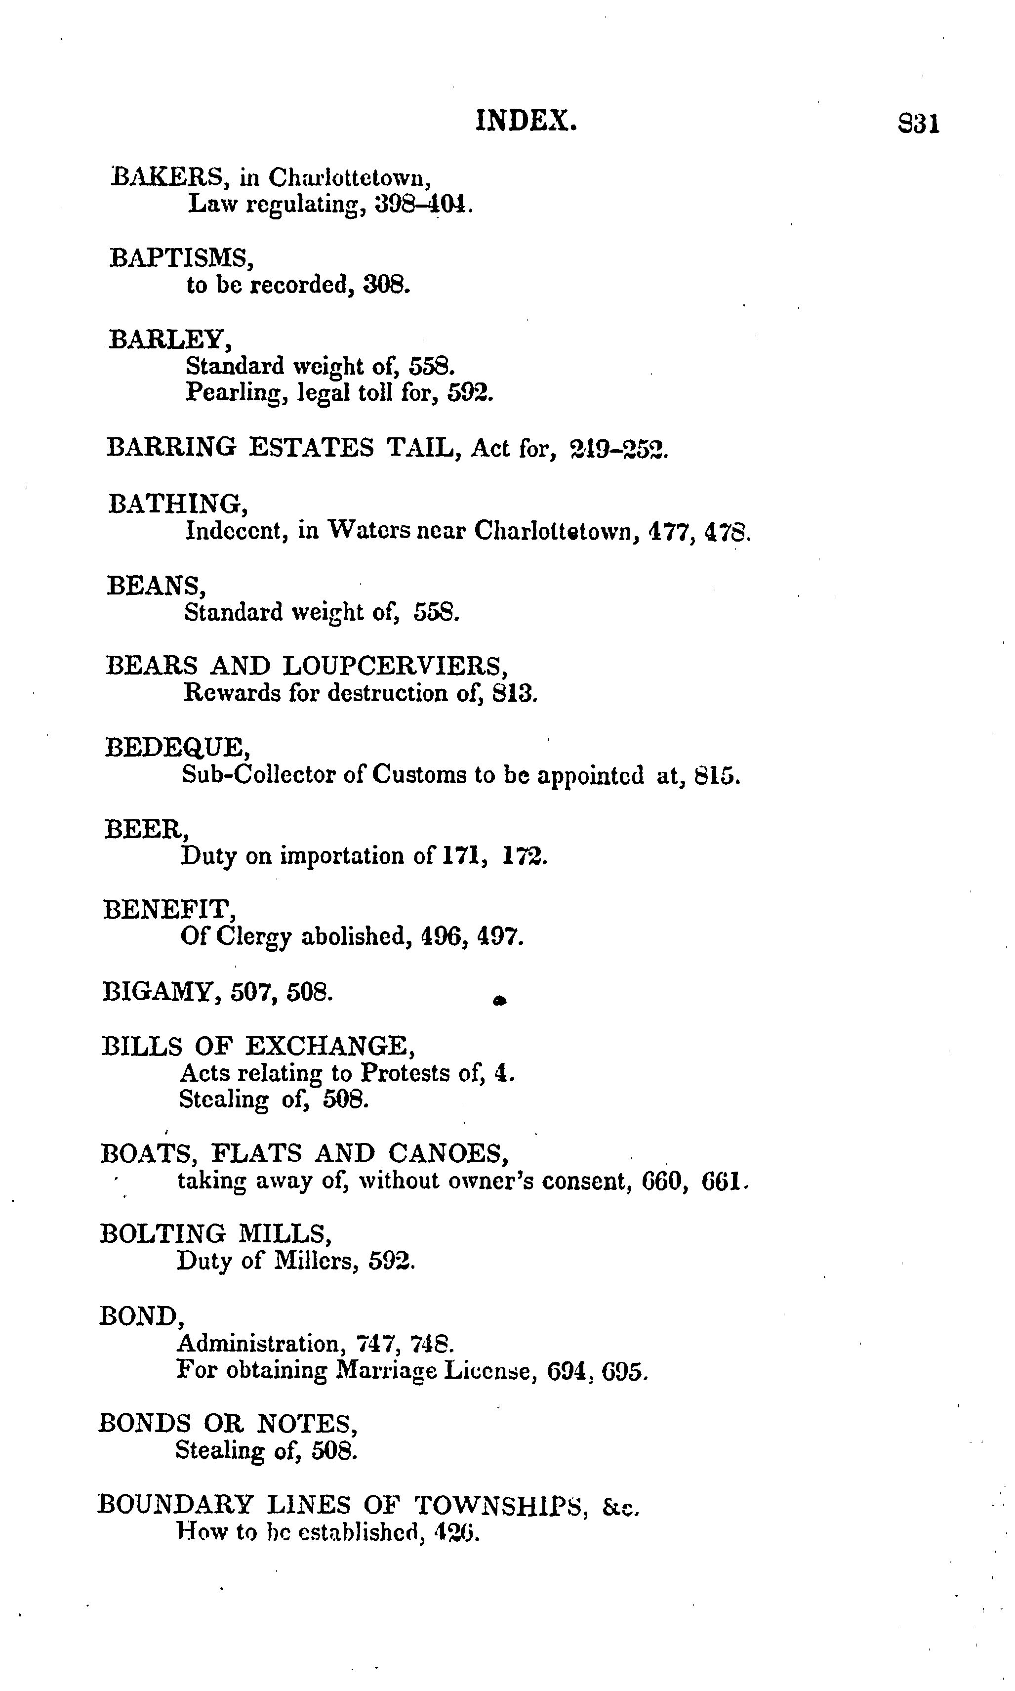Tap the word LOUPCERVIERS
[395, 665]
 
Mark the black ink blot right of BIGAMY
[499, 1001]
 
